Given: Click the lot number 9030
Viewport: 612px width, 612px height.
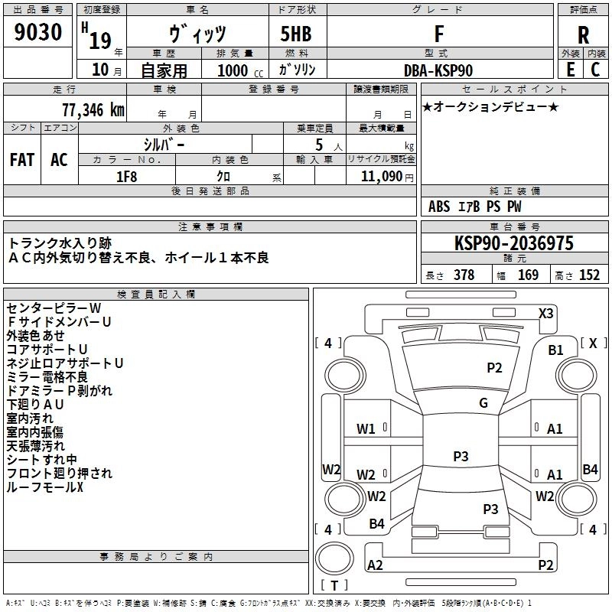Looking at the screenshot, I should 37,34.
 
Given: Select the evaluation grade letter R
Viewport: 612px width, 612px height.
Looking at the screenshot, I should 583,35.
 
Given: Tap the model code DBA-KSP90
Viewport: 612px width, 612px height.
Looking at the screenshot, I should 438,70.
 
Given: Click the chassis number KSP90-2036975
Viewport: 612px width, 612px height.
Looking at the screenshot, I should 513,244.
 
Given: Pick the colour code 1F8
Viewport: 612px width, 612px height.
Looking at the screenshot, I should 126,176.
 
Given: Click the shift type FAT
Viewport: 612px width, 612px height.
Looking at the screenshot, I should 22,160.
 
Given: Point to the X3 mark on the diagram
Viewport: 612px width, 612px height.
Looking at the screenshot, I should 545,313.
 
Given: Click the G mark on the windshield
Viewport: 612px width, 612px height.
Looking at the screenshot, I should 483,402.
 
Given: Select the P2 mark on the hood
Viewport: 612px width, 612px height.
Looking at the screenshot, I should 494,368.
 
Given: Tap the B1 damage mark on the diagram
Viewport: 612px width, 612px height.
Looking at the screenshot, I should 555,350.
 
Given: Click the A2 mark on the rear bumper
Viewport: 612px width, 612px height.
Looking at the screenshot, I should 375,565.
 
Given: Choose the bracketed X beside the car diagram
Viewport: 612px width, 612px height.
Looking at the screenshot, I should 593,343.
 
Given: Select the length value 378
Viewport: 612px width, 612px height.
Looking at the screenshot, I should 464,275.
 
